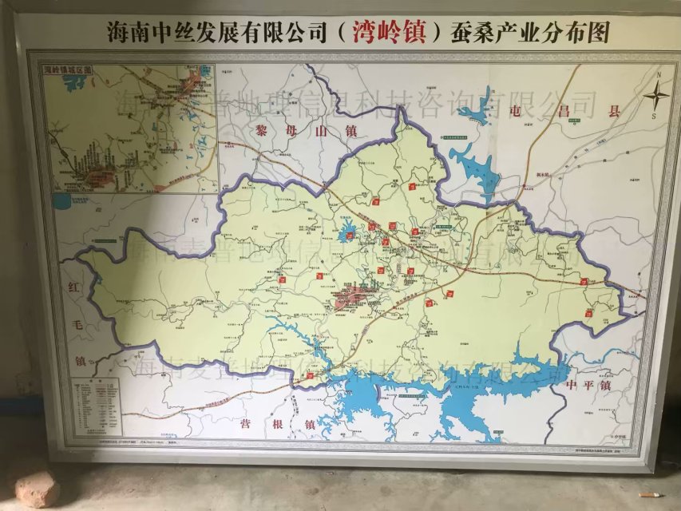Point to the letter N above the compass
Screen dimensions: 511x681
[659, 76]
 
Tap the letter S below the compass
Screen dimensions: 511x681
[653, 117]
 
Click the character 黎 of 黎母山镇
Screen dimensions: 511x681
[261, 129]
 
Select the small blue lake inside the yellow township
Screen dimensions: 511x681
[347, 235]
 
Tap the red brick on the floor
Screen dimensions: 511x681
[37, 487]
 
